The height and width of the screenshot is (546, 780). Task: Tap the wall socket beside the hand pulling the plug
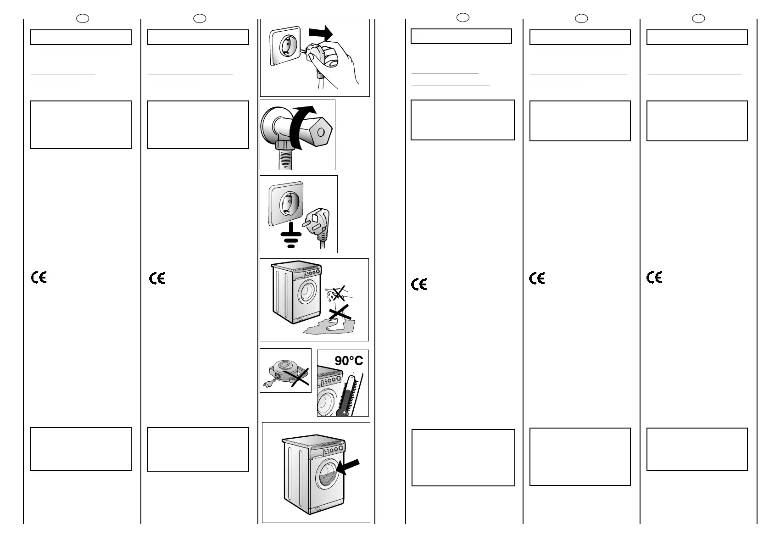coord(285,46)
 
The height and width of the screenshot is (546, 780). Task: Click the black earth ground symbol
coord(291,235)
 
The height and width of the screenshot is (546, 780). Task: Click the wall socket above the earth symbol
coord(286,204)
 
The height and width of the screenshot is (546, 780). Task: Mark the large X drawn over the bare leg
coord(340,312)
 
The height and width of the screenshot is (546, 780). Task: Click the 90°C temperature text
coord(349,361)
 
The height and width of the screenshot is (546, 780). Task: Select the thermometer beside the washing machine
coord(349,395)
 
